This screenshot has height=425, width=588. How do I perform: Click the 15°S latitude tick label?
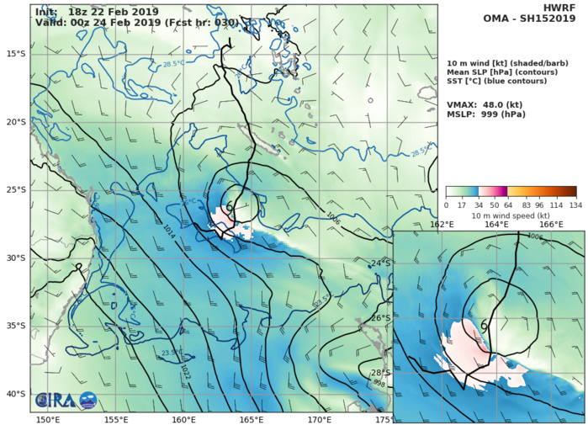pos(15,54)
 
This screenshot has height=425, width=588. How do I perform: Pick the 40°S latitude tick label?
pos(15,394)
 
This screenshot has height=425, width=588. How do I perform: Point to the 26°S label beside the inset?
pos(380,318)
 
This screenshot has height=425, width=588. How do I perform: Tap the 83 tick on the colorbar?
pos(530,205)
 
